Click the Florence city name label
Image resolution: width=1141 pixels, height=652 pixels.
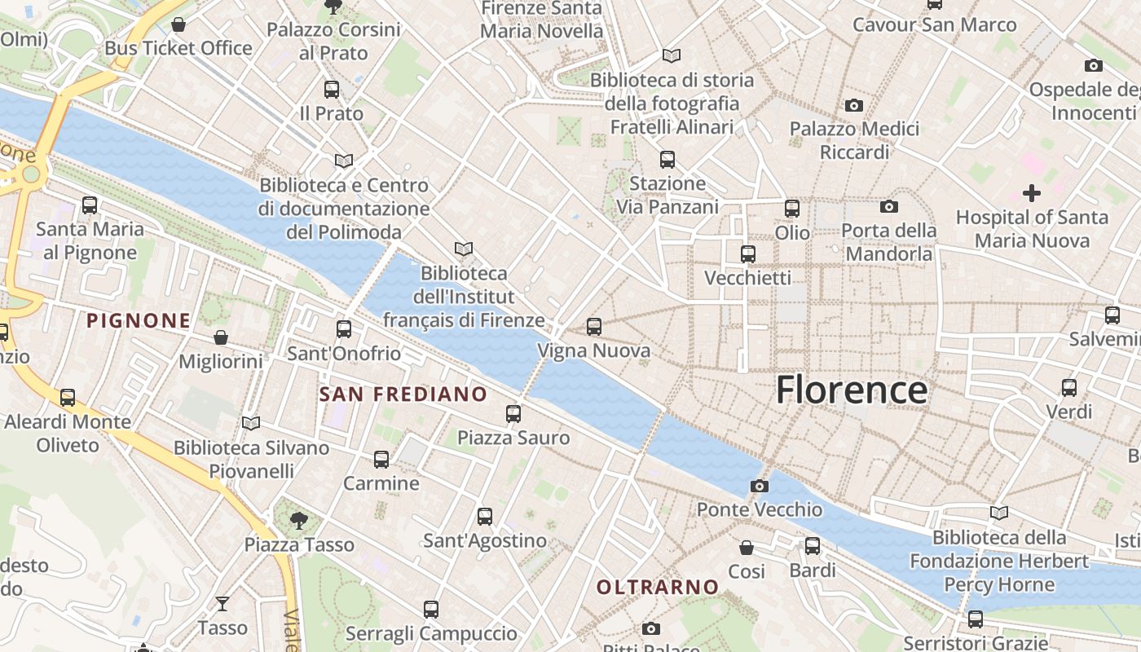click(x=851, y=390)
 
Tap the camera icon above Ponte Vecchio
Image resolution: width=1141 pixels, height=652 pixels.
click(x=760, y=486)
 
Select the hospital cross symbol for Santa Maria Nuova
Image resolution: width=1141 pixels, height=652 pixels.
click(x=1032, y=193)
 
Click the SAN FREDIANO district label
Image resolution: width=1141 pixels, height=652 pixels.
click(x=403, y=394)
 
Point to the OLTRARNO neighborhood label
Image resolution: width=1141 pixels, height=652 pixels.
click(x=658, y=587)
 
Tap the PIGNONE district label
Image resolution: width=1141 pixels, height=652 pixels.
click(x=139, y=321)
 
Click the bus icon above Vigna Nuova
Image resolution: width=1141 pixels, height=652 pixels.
click(x=594, y=327)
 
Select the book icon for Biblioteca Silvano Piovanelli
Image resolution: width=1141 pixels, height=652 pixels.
click(x=251, y=423)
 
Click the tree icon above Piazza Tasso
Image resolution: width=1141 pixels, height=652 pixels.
click(x=299, y=519)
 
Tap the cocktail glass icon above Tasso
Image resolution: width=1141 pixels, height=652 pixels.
click(x=222, y=604)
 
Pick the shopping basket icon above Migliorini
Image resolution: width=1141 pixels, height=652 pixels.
click(x=220, y=337)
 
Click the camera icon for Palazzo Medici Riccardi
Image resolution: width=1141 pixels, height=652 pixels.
click(x=854, y=105)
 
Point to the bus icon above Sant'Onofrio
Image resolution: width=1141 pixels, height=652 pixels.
click(x=344, y=329)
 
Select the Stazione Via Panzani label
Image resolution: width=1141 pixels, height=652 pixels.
click(x=667, y=195)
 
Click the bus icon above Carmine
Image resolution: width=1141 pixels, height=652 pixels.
click(x=381, y=459)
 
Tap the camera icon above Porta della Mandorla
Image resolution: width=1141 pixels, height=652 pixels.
click(x=889, y=206)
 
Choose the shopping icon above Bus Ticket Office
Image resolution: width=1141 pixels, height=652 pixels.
click(x=178, y=24)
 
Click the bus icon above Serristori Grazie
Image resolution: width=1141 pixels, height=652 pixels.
click(x=975, y=619)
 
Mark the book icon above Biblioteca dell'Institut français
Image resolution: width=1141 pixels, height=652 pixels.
click(x=464, y=249)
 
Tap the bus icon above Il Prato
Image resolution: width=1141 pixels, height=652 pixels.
click(x=331, y=90)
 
